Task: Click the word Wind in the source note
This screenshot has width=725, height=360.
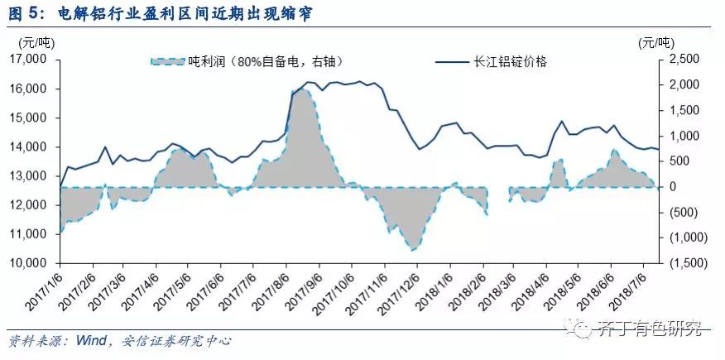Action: tap(92, 340)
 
